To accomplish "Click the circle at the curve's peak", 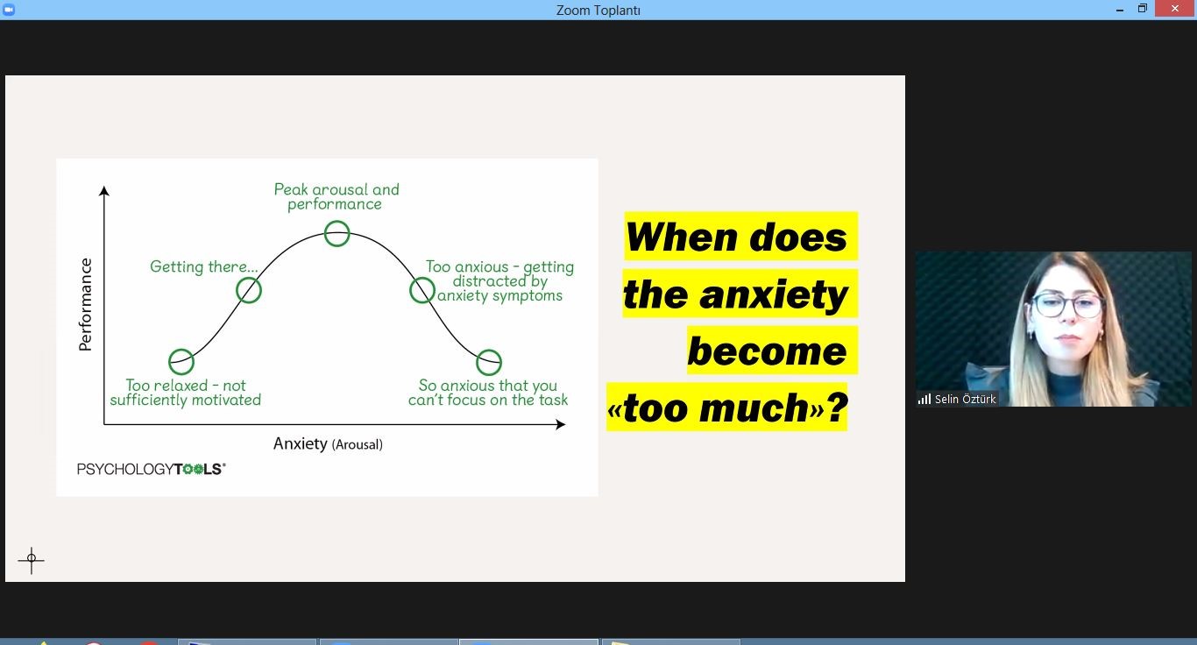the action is tap(337, 221).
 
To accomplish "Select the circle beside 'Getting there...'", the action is tap(249, 278).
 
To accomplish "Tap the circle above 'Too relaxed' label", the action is tap(181, 350).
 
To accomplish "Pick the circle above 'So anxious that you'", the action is tap(489, 350).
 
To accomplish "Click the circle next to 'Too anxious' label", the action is tap(422, 278).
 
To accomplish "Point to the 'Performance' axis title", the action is tap(86, 305).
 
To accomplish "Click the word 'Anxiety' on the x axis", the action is tap(301, 443).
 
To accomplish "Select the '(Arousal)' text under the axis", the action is tap(357, 444).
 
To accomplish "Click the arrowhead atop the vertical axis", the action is tap(104, 191).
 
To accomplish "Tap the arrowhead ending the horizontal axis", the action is tap(560, 424).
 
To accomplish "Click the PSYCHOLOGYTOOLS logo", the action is tap(152, 469).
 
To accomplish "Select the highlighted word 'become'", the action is tap(767, 351).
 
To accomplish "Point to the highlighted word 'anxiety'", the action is tap(773, 294).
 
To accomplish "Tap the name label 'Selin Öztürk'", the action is tap(965, 400).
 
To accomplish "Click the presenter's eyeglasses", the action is tap(1066, 305).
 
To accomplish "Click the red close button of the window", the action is tap(1175, 9).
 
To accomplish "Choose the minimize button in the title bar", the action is tap(1120, 10).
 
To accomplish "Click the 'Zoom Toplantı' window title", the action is tap(598, 11).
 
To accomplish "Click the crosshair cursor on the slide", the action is tap(32, 559).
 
